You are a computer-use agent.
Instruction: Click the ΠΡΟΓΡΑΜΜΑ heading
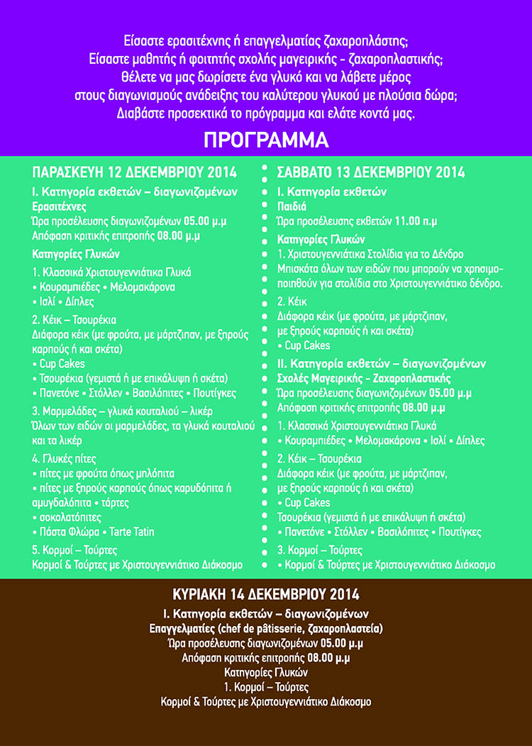tap(266, 140)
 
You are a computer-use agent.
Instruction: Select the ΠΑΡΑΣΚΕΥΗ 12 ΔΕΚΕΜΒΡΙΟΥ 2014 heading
tap(135, 172)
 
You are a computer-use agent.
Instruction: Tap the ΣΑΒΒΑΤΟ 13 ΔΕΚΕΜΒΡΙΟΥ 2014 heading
tap(371, 172)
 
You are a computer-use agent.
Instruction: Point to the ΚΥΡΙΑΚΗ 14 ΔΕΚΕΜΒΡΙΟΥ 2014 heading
tap(266, 593)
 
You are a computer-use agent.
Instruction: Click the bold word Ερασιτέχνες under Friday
tap(60, 206)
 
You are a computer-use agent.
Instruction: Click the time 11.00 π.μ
tap(416, 221)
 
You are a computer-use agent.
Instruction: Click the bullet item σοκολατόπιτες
tap(70, 517)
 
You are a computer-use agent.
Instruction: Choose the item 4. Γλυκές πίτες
tap(65, 457)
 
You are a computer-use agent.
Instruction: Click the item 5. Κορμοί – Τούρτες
tap(74, 550)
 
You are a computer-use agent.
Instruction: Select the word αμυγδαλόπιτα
tap(64, 502)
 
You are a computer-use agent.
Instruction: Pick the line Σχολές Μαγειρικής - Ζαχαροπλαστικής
tap(364, 378)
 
